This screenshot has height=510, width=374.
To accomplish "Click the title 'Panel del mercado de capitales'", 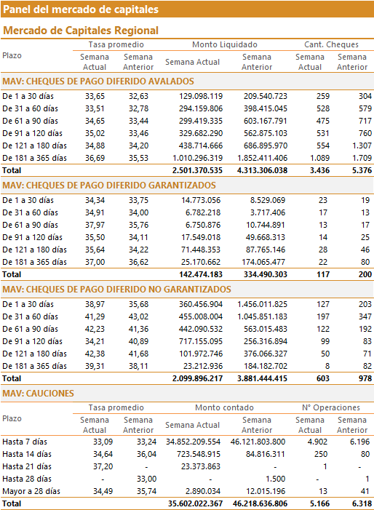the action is pyautogui.click(x=81, y=9).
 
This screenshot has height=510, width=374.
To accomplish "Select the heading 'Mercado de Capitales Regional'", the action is pyautogui.click(x=81, y=31).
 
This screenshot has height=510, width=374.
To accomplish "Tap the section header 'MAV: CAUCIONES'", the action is pyautogui.click(x=38, y=394).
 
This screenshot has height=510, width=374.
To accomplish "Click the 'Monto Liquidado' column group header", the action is pyautogui.click(x=225, y=44).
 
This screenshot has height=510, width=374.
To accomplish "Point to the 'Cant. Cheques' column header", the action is pyautogui.click(x=331, y=44).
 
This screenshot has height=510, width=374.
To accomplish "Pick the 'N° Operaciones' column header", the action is pyautogui.click(x=331, y=407).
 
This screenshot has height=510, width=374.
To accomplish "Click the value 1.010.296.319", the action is pyautogui.click(x=197, y=158).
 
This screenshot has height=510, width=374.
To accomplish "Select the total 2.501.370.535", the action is pyautogui.click(x=197, y=170).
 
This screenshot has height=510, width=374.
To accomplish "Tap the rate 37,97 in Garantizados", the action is pyautogui.click(x=95, y=225).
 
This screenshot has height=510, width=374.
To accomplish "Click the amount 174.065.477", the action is pyautogui.click(x=263, y=262).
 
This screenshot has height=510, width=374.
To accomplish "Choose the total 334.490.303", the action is pyautogui.click(x=266, y=274).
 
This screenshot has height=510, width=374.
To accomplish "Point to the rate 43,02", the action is pyautogui.click(x=138, y=316).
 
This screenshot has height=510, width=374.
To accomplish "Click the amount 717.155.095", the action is pyautogui.click(x=201, y=341).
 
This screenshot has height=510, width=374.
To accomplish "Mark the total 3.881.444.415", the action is pyautogui.click(x=262, y=378).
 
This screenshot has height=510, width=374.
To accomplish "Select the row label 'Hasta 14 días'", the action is pyautogui.click(x=27, y=454).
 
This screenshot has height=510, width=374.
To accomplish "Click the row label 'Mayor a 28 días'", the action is pyautogui.click(x=31, y=491).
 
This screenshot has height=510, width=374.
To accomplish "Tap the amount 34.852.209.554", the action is pyautogui.click(x=193, y=442).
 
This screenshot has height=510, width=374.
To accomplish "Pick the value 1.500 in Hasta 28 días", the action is pyautogui.click(x=275, y=479).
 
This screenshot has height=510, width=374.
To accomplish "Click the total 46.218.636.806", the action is pyautogui.click(x=260, y=504).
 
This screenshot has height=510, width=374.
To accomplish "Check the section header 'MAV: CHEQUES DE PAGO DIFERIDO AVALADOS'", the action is pyautogui.click(x=98, y=81).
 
